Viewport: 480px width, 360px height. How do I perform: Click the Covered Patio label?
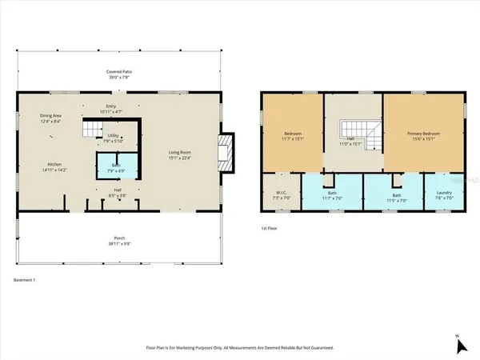[121, 70]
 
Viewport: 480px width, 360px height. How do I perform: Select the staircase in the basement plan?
[95, 128]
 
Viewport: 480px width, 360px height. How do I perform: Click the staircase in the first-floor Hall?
[353, 134]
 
